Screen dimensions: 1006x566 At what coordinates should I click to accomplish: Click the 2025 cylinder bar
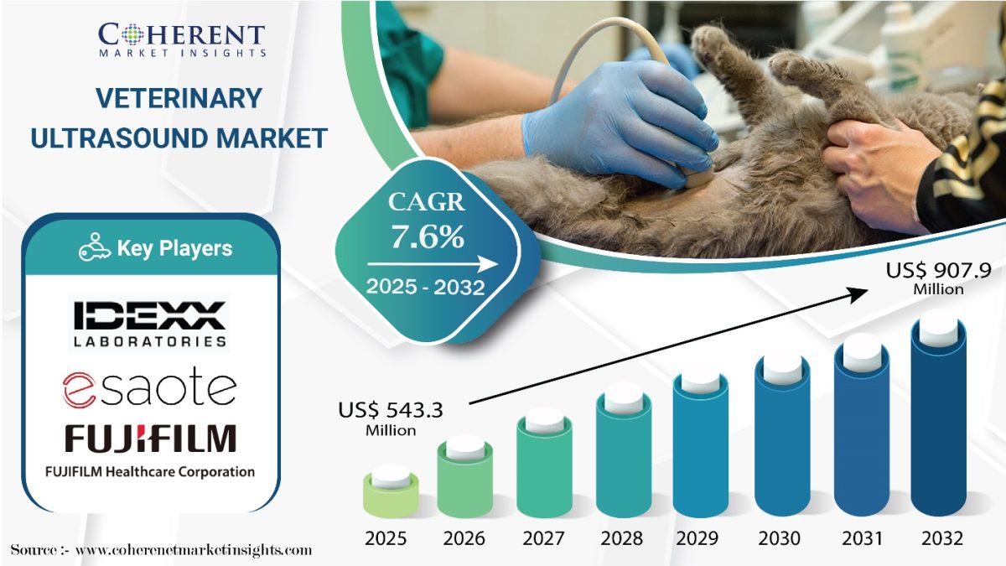pyautogui.click(x=391, y=492)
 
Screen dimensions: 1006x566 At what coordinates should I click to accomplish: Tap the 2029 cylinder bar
pyautogui.click(x=701, y=444)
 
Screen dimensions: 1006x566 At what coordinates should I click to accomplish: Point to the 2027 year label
pyautogui.click(x=544, y=538)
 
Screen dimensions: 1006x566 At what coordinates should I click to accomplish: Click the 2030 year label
pyautogui.click(x=779, y=538)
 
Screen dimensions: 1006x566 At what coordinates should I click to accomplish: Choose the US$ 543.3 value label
pyautogui.click(x=391, y=418)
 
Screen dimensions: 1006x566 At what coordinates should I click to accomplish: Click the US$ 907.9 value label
pyautogui.click(x=938, y=278)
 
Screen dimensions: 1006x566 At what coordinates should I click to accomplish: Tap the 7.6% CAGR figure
pyautogui.click(x=427, y=236)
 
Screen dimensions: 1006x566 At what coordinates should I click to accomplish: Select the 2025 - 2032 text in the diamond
pyautogui.click(x=425, y=287)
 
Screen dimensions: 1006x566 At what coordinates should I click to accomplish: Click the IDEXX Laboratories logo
pyautogui.click(x=149, y=324)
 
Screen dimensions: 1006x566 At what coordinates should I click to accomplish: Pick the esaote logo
pyautogui.click(x=149, y=387)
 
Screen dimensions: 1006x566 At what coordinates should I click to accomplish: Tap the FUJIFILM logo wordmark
pyautogui.click(x=150, y=438)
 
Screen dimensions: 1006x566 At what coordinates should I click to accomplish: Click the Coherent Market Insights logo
pyautogui.click(x=182, y=39)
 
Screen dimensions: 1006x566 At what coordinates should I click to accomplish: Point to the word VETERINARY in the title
pyautogui.click(x=179, y=98)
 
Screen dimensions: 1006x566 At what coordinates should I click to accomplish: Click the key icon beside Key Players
pyautogui.click(x=94, y=247)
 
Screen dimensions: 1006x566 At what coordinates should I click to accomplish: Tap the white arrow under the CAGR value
pyautogui.click(x=433, y=264)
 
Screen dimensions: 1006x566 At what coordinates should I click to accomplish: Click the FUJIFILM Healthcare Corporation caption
pyautogui.click(x=150, y=472)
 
